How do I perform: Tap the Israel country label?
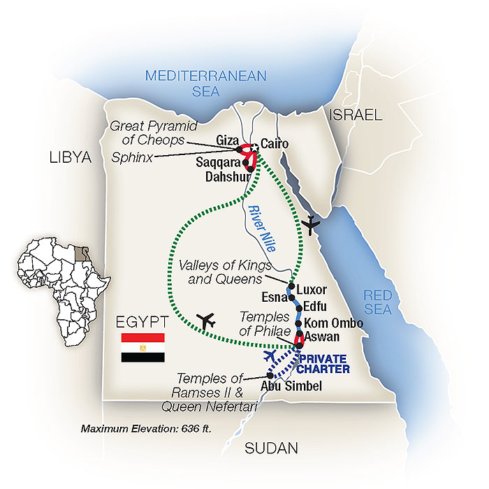point(357,115)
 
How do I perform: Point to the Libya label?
point(71,159)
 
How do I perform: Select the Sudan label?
point(271,448)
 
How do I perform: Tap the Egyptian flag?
point(143,347)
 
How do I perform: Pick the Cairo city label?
point(274,146)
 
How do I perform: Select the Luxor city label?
point(312,289)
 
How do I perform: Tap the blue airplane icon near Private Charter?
point(272,355)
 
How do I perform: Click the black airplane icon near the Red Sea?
point(311,225)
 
